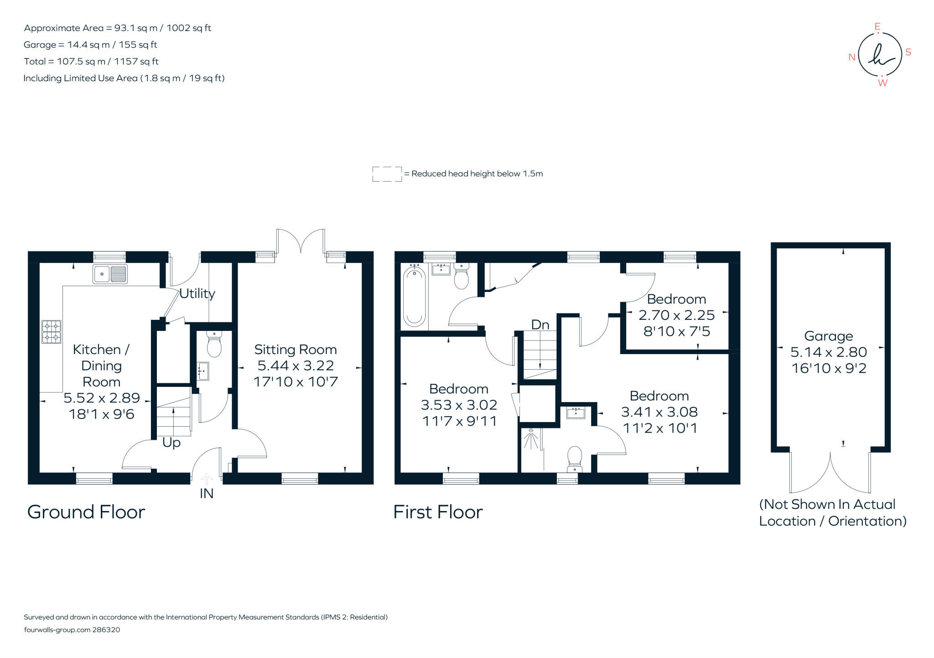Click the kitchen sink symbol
110,274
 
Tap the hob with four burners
52,332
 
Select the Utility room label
197,293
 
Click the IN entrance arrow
207,479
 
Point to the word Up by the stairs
171,443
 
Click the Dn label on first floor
540,324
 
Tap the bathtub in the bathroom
414,297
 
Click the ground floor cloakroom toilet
214,345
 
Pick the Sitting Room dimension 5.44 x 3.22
296,366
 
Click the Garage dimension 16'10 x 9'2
829,368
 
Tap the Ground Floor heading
86,512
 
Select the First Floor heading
438,512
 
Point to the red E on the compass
877,27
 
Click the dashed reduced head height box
387,174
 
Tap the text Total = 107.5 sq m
91,61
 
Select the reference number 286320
106,630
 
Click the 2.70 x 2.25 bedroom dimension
676,315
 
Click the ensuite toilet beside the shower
575,458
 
